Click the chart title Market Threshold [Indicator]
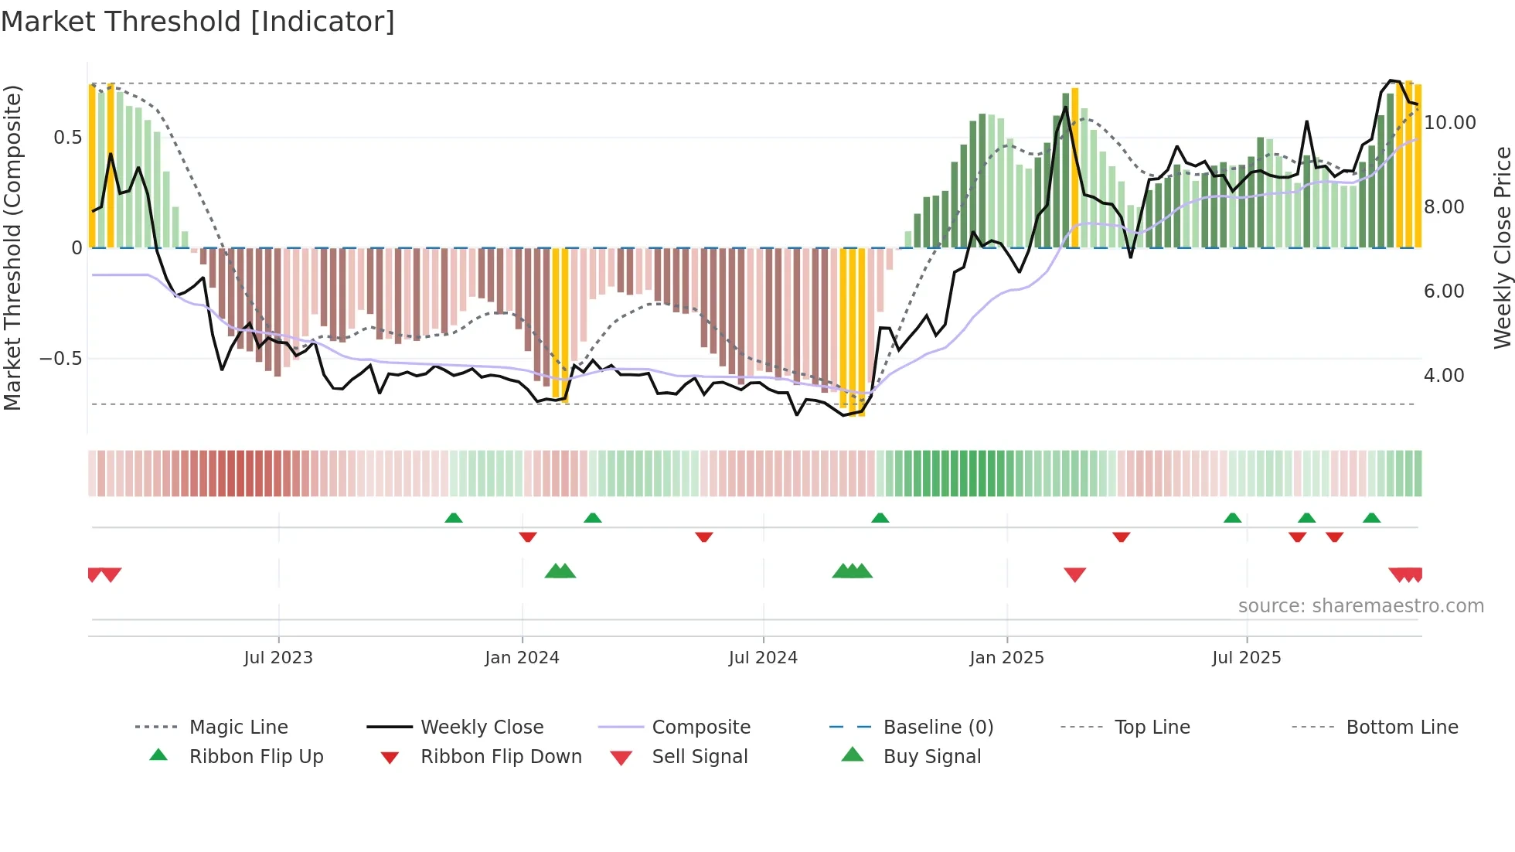click(198, 22)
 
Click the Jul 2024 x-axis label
click(763, 658)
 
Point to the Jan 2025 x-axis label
click(1006, 658)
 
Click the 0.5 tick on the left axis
click(67, 138)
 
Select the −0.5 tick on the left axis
click(61, 359)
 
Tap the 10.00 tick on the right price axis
click(1449, 123)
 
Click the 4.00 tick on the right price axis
click(1444, 376)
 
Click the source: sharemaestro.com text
click(1360, 606)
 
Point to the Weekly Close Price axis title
click(1502, 247)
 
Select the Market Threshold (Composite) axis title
click(12, 247)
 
